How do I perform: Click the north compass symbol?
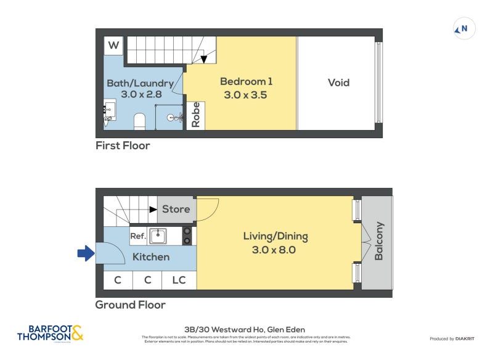[x=462, y=28]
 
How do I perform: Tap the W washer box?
[x=113, y=46]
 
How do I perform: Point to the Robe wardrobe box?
[x=196, y=115]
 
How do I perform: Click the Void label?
[x=338, y=83]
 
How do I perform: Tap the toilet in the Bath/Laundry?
[x=139, y=121]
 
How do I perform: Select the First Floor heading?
[x=123, y=146]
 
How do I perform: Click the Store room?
[x=176, y=210]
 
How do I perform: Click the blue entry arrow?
[x=85, y=253]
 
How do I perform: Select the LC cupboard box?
[x=179, y=280]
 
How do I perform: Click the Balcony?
[x=378, y=243]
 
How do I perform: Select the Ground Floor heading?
[x=130, y=305]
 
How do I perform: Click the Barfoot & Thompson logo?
[x=50, y=333]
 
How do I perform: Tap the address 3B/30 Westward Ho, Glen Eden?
[x=245, y=330]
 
